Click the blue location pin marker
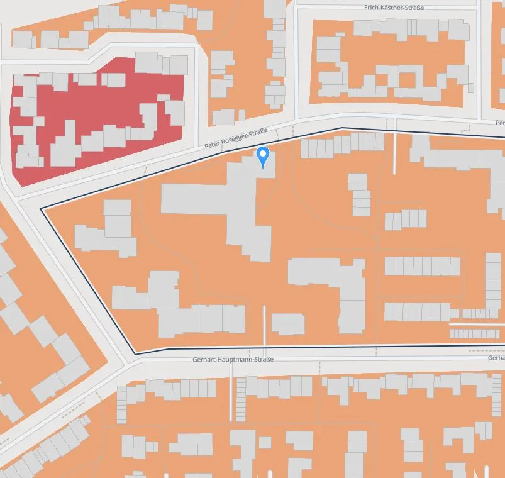pos(264,155)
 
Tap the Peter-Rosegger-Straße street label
pos(236,140)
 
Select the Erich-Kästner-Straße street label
pos(394,7)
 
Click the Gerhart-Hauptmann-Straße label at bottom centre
pos(233,359)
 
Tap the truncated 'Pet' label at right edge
pos(500,123)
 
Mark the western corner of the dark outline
pos(42,208)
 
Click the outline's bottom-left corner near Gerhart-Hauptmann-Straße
pos(135,353)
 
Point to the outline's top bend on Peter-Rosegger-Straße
pos(341,128)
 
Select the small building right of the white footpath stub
pos(288,324)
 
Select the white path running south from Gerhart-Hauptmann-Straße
pos(231,390)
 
